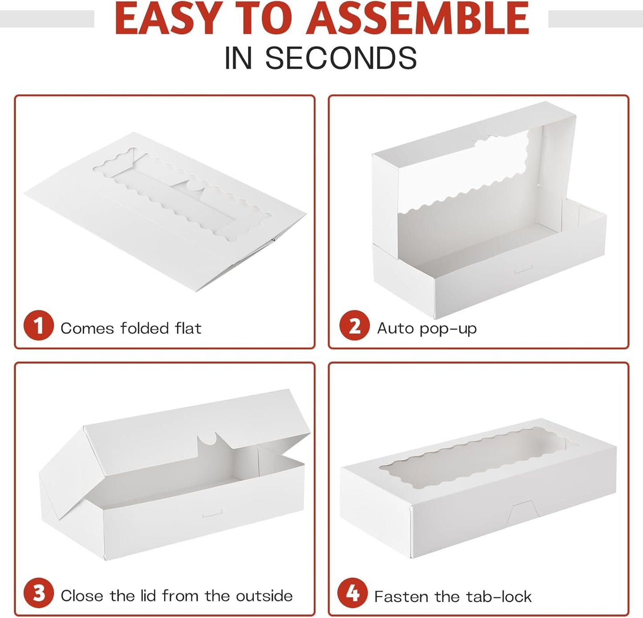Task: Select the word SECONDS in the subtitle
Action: (341, 58)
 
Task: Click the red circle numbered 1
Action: (39, 325)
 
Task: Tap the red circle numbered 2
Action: (355, 325)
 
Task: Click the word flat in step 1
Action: (188, 328)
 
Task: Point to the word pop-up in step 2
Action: (448, 329)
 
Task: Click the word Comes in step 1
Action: (87, 329)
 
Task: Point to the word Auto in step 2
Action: (396, 328)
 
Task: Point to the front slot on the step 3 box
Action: (212, 515)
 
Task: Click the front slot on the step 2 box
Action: (524, 269)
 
